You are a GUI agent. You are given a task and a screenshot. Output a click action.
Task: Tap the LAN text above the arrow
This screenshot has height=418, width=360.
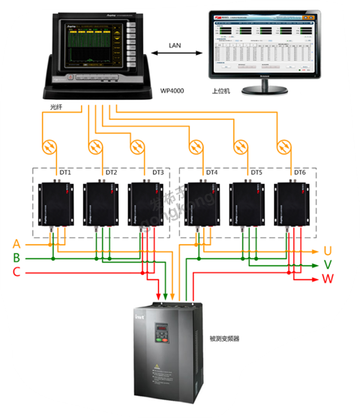point(175,45)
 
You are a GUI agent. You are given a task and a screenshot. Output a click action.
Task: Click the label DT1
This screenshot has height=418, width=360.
point(65,173)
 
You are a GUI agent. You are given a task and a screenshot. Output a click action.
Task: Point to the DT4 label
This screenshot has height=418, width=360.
point(212,173)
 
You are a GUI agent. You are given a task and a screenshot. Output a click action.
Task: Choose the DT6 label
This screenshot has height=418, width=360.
point(300,173)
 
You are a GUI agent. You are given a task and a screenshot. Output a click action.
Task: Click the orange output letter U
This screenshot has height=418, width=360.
point(328,251)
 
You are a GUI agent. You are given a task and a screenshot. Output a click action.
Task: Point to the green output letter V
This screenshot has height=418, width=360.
point(328,264)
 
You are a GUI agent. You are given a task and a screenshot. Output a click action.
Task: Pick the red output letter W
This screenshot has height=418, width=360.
point(328,279)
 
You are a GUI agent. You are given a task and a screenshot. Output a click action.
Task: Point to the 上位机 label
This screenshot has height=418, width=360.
point(221,92)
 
